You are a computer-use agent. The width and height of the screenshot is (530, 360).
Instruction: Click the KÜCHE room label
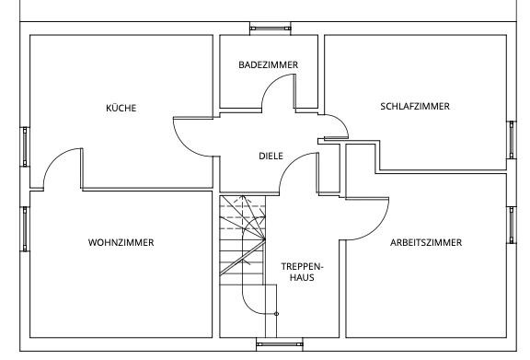[x=121, y=108]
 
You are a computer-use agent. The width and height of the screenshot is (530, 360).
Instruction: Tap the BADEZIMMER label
[x=269, y=64]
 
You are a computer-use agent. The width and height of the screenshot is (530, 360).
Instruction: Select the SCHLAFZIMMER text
[x=415, y=106]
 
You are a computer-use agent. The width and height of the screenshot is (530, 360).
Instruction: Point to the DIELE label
[x=271, y=156]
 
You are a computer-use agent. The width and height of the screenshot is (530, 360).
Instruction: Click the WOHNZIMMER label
[x=121, y=242]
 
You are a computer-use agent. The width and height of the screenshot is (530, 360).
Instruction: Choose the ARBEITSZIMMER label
[x=426, y=242]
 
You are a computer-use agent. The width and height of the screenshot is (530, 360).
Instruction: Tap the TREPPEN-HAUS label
[x=302, y=272]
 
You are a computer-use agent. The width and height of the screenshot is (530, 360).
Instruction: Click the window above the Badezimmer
[x=271, y=29]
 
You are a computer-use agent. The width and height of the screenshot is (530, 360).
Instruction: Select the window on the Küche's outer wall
[x=25, y=146]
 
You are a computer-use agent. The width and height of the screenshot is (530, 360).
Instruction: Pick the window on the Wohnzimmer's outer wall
[x=25, y=229]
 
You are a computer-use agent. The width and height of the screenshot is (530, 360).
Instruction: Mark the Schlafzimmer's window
[x=512, y=140]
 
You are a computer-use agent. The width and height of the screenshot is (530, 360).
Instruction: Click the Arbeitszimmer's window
[x=512, y=225]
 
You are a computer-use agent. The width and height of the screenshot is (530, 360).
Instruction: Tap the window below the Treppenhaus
[x=279, y=344]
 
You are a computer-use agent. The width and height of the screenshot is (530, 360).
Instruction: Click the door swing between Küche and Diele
[x=183, y=143]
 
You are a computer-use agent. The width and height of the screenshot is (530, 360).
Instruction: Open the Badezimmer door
[x=271, y=83]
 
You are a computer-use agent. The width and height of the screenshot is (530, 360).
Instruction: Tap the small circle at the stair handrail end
[x=276, y=314]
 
